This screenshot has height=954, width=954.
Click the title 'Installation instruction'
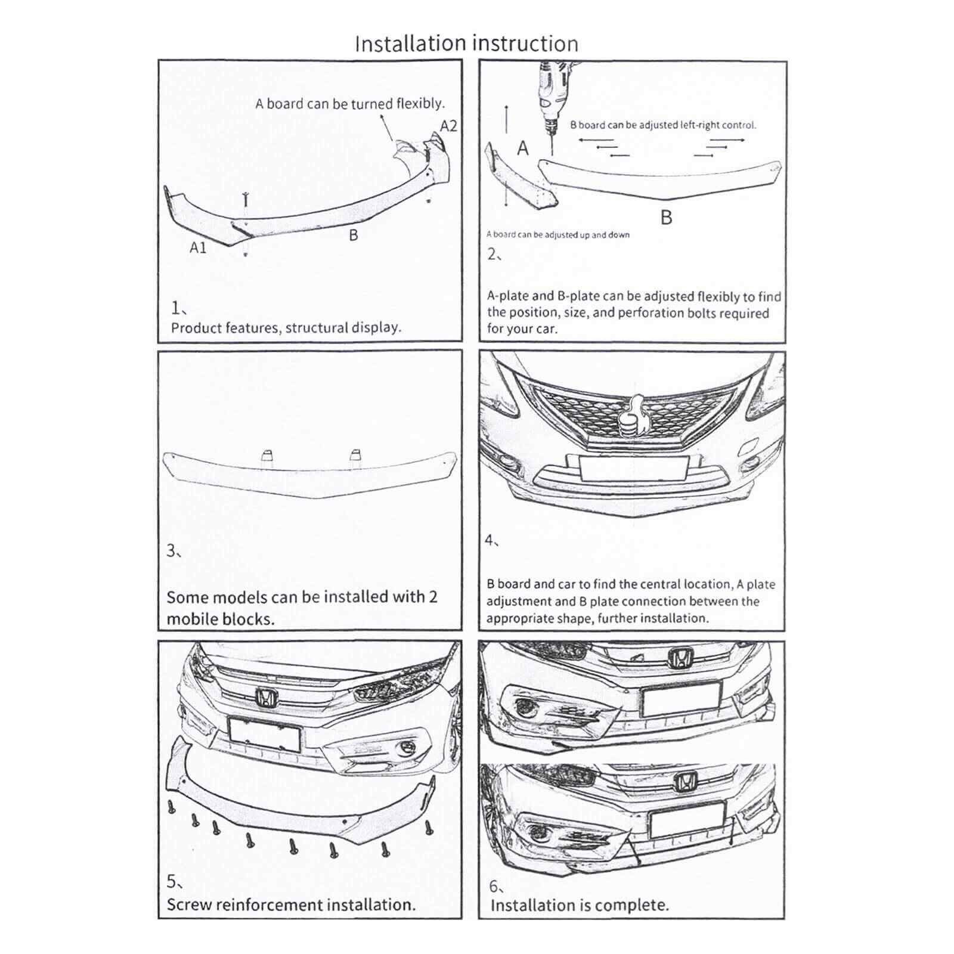tap(466, 44)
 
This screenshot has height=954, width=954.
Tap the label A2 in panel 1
tap(448, 126)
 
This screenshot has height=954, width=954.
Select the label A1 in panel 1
tap(198, 247)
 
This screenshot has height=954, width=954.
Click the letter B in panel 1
tap(353, 235)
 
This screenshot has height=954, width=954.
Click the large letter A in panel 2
tap(523, 148)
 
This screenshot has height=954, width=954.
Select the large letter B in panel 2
tap(666, 218)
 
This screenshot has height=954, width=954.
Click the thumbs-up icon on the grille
tap(632, 417)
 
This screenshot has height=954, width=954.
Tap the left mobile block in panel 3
tap(267, 456)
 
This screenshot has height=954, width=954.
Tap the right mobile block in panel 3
tap(355, 455)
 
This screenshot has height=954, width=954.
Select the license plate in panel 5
tap(264, 734)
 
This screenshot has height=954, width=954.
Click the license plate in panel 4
tap(634, 468)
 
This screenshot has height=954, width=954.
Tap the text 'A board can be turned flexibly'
tap(350, 104)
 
